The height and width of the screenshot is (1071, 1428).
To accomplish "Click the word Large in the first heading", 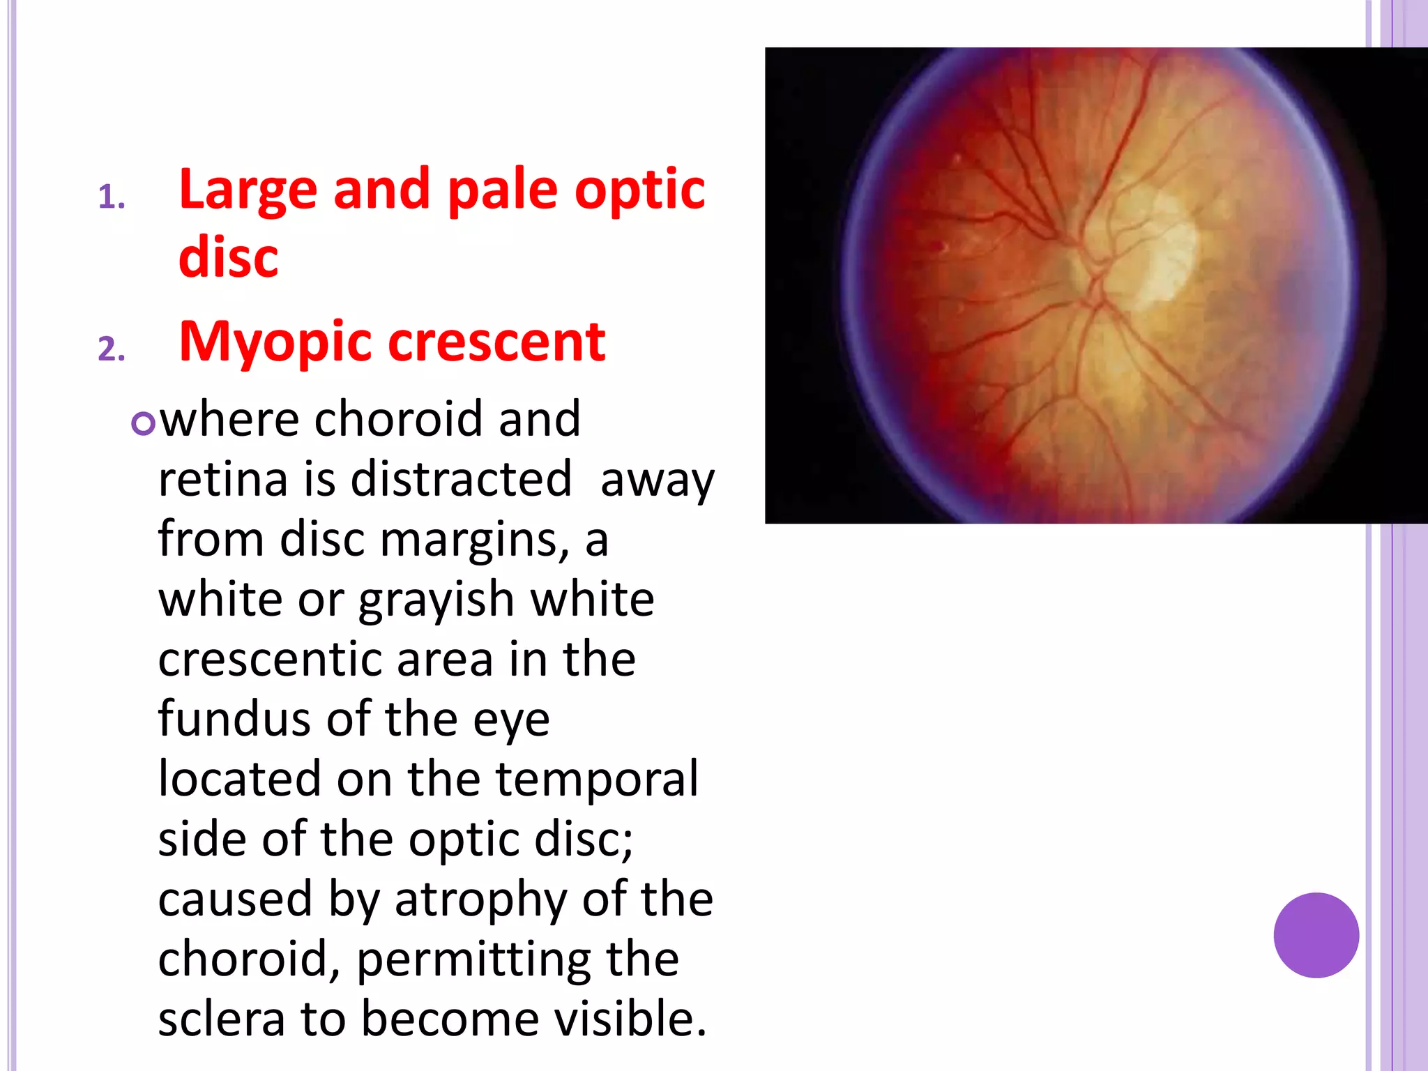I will (x=249, y=191).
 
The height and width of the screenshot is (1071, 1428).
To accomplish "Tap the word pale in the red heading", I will (x=502, y=191).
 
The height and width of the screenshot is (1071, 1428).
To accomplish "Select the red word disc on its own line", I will (x=228, y=257).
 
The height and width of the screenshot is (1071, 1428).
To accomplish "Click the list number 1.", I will (x=111, y=197).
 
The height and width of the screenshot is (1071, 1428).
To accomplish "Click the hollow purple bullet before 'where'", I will (x=142, y=423).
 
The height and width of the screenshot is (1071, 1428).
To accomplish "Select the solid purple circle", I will (x=1316, y=935).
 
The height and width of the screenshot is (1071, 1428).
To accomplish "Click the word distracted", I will (x=461, y=480).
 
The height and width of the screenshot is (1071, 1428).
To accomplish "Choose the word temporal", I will (x=596, y=780).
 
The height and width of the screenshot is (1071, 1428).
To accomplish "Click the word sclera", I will (x=221, y=1019).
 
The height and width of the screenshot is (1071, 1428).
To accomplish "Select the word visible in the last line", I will (x=630, y=1019).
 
